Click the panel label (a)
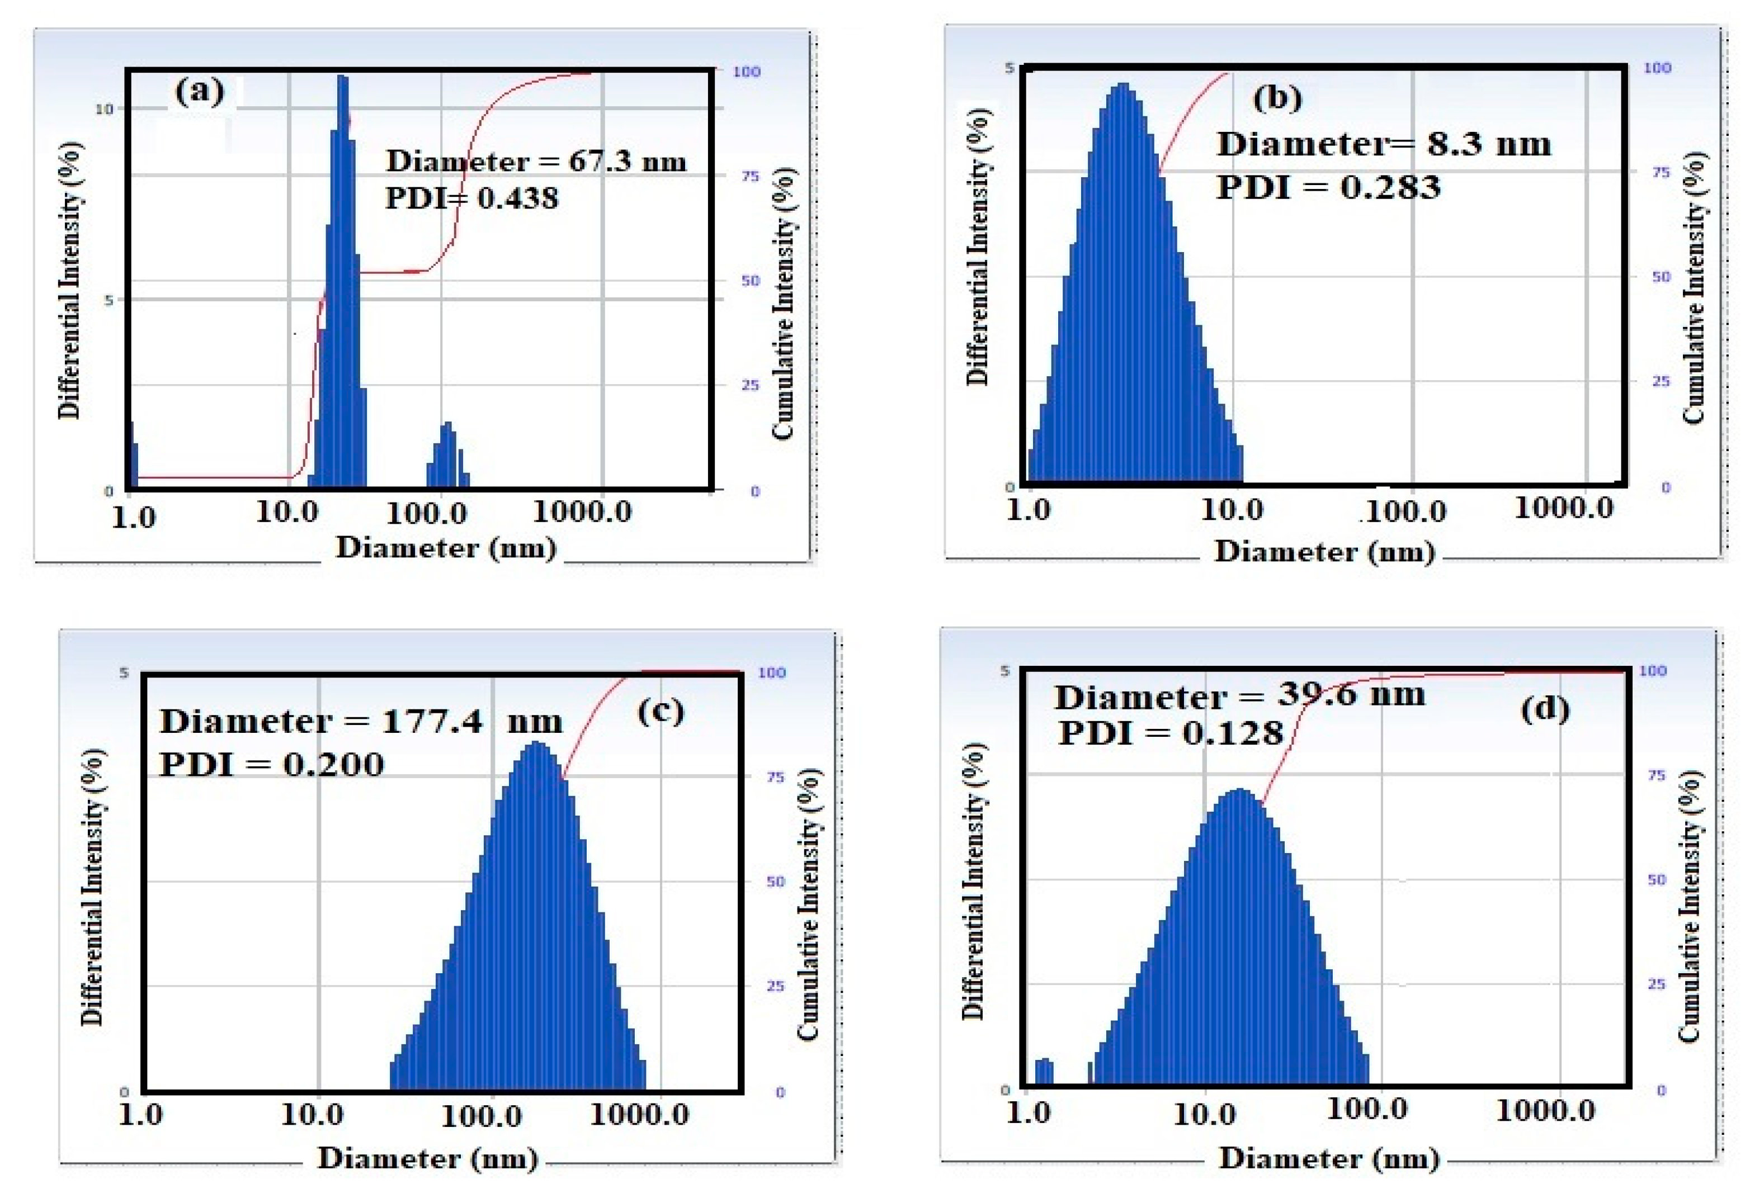tap(200, 92)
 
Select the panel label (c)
tap(661, 711)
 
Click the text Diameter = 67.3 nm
tap(536, 162)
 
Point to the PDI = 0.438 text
tap(472, 198)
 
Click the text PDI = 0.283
tap(1328, 187)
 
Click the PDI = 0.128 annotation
tap(1170, 733)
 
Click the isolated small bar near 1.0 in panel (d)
tap(1044, 1071)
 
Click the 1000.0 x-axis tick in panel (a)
tap(582, 513)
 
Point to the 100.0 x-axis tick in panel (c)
tap(481, 1116)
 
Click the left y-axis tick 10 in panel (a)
tap(103, 110)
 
